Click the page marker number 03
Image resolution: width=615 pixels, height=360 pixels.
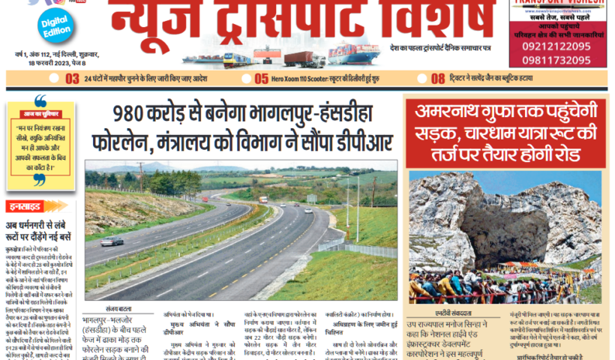tap(73, 78)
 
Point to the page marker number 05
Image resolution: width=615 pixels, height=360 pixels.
tap(262, 78)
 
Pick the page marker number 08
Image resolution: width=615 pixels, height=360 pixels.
tap(438, 78)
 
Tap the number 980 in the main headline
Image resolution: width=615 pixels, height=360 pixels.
tap(137, 114)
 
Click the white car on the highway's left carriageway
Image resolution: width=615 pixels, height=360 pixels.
tap(112, 241)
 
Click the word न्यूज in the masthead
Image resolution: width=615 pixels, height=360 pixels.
tap(157, 22)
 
